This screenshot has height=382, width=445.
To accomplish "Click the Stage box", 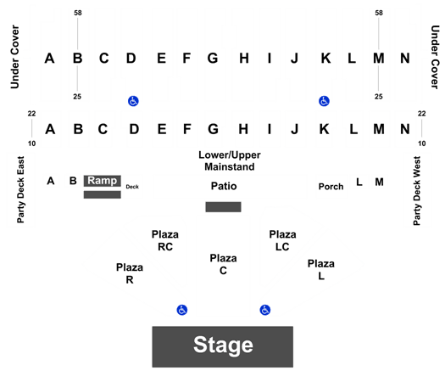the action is coord(222,346).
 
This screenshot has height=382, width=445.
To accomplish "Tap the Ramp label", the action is coord(103,181).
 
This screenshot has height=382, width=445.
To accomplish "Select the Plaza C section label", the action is coord(223,264).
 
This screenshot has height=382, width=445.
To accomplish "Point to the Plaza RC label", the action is coord(165,240).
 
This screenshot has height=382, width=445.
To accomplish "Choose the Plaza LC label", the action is coord(282,240).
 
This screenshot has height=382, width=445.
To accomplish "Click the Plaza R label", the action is coord(130,273).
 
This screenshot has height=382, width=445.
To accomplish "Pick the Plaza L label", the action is coord(321,269).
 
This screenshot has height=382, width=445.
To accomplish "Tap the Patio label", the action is coord(224,186).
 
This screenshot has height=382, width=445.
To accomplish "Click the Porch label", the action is coord(331,187).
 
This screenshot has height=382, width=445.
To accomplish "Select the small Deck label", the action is coord(132,187).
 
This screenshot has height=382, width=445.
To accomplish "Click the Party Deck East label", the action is coord(20,189).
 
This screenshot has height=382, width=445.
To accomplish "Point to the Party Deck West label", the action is coord(417,191).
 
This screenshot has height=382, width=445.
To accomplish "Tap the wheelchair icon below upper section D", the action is coord(133,101).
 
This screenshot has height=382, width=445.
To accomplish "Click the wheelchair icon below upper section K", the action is coord(324,101).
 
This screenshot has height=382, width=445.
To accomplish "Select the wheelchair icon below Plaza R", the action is coord(182,310).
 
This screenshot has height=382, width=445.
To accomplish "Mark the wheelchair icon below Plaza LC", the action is coord(265,310).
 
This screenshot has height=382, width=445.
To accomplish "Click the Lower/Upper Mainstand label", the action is coord(230,161).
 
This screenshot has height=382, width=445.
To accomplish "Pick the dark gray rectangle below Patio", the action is coord(224,207).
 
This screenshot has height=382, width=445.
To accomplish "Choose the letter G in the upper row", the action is coord(213,59).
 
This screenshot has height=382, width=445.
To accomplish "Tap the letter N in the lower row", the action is coord(405,129).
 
